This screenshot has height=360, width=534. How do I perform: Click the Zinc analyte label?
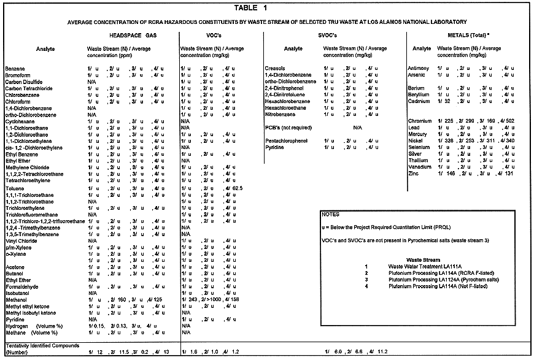tap(414, 174)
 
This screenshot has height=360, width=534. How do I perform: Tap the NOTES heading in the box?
tap(331, 215)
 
